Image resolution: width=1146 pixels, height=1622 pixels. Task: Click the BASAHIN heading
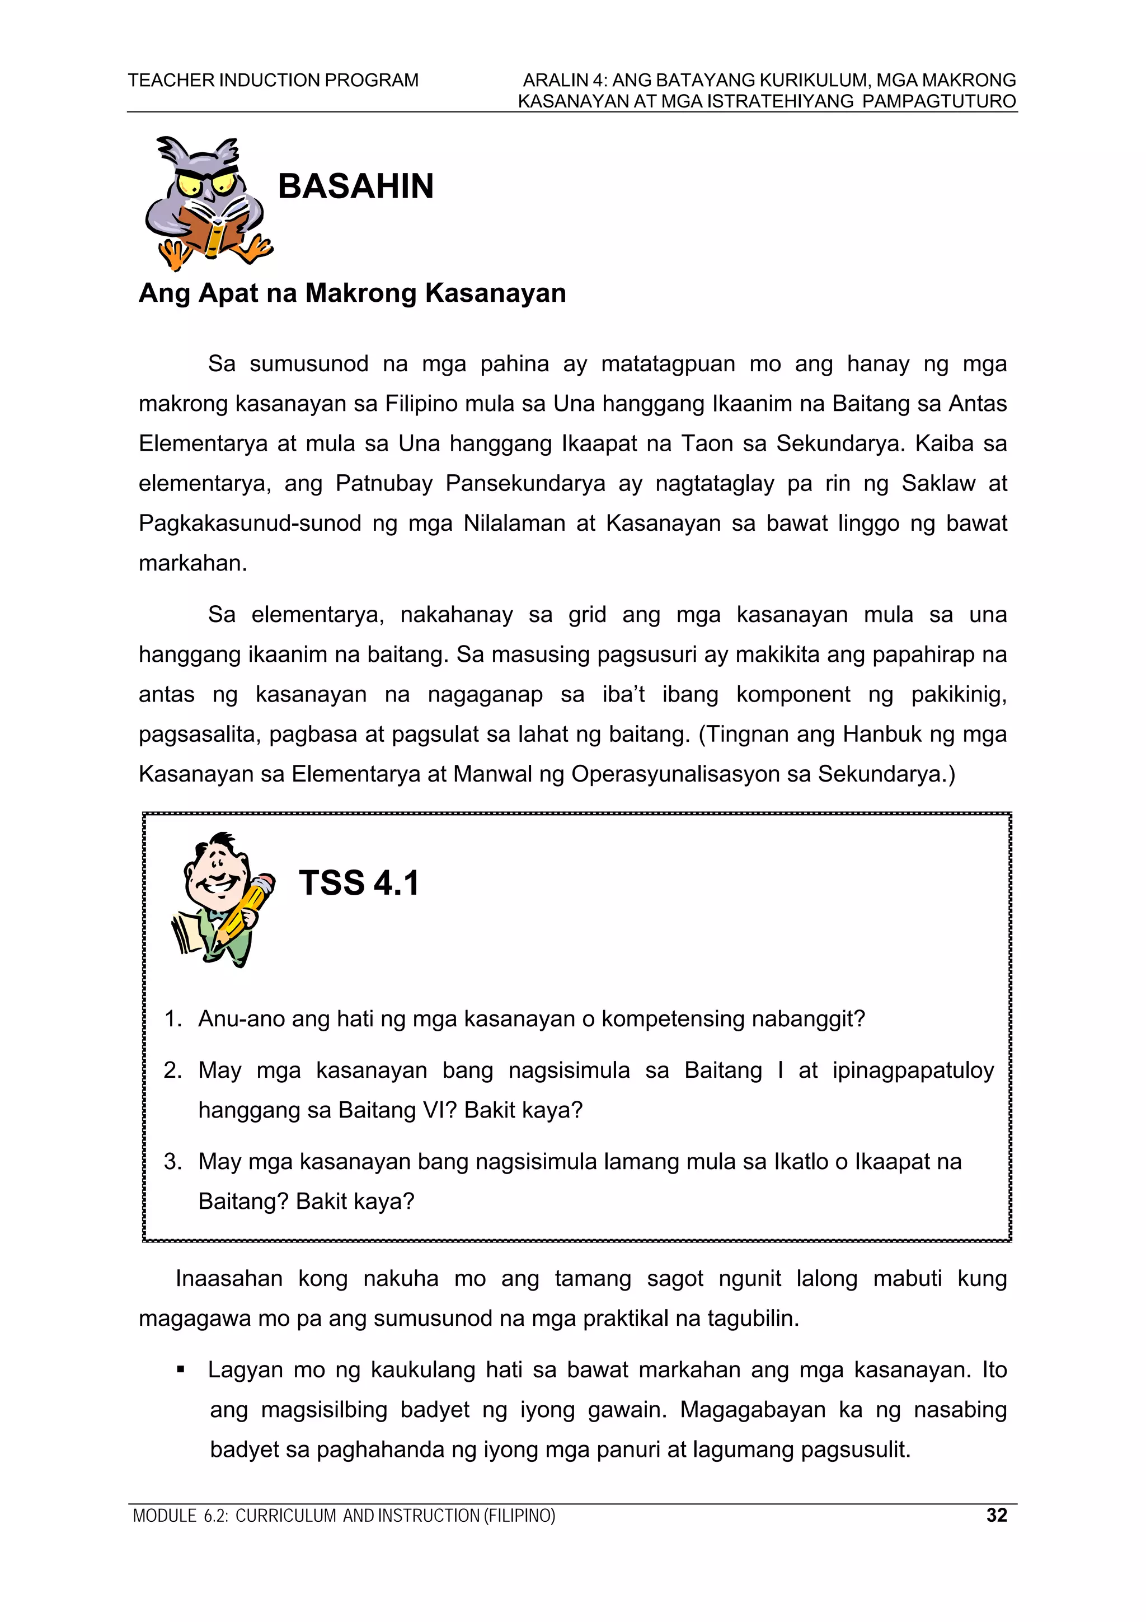click(355, 186)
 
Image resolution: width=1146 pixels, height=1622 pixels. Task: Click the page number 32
click(996, 1515)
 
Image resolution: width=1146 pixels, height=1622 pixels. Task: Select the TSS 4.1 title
click(359, 883)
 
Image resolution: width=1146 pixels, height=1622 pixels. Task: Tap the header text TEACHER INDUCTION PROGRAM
click(273, 80)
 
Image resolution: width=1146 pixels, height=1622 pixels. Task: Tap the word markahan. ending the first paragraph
click(192, 563)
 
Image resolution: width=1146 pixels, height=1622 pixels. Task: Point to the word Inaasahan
click(229, 1279)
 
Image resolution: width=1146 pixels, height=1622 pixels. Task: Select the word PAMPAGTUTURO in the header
click(939, 101)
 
